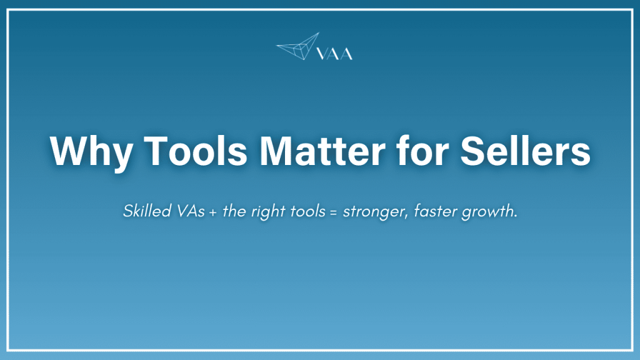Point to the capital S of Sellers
[x=479, y=151]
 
